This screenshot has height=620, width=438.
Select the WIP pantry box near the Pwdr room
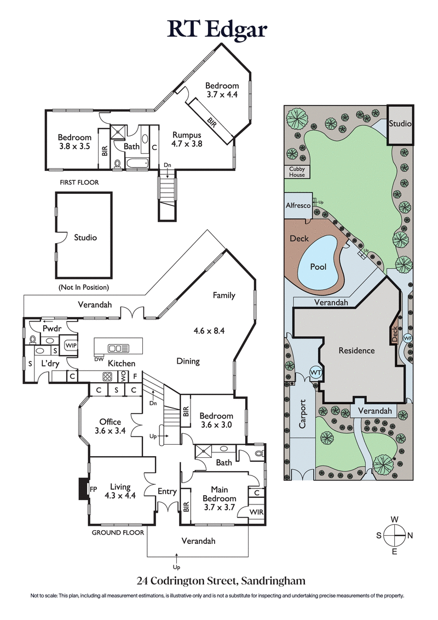[71, 346]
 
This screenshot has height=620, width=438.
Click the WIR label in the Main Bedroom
[256, 512]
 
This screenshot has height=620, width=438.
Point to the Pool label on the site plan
[318, 267]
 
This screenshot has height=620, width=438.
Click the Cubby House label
[297, 172]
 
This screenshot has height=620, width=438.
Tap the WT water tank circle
[316, 372]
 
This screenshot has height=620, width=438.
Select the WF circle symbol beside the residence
[407, 338]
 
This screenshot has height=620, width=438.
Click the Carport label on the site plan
[302, 416]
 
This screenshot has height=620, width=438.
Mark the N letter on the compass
[410, 535]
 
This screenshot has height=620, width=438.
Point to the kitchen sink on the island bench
[118, 348]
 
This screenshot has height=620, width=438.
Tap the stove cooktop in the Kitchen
[108, 376]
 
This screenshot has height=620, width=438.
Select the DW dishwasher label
[99, 359]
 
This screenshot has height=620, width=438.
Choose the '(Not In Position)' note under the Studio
[83, 287]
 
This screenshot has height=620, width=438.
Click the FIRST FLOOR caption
[80, 182]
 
